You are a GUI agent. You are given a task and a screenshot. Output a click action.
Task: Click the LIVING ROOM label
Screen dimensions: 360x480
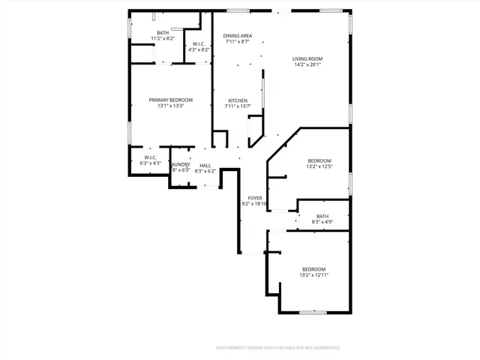308,58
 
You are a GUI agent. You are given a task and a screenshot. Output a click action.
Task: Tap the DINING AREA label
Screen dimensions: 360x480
238,35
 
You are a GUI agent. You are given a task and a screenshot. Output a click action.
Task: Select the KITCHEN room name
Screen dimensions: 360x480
238,100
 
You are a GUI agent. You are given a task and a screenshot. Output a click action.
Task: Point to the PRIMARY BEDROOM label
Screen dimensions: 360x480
170,100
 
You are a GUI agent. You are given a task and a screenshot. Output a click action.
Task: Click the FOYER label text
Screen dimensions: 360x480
255,198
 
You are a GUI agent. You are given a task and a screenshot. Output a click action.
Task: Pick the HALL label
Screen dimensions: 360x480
205,166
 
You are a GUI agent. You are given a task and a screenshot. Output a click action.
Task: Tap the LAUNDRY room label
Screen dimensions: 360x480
181,165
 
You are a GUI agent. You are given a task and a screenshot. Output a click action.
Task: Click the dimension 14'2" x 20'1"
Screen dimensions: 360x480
308,64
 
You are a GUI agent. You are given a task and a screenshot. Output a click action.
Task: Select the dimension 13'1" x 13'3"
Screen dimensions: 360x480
170,106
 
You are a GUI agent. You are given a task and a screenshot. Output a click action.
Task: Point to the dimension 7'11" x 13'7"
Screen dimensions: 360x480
238,106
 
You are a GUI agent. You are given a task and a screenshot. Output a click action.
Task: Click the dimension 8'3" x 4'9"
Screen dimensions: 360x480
322,222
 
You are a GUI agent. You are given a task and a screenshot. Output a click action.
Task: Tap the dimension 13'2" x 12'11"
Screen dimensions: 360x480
314,275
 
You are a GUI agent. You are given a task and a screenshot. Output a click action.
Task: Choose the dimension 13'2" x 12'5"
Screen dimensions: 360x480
319,167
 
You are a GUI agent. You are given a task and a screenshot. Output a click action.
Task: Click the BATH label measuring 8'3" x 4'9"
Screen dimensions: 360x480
322,216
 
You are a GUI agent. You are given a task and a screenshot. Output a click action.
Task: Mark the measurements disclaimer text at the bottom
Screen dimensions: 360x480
277,348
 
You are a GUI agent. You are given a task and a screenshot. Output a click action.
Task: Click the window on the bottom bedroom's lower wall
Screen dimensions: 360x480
313,312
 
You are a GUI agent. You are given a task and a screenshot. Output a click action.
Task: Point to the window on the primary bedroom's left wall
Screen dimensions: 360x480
130,133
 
